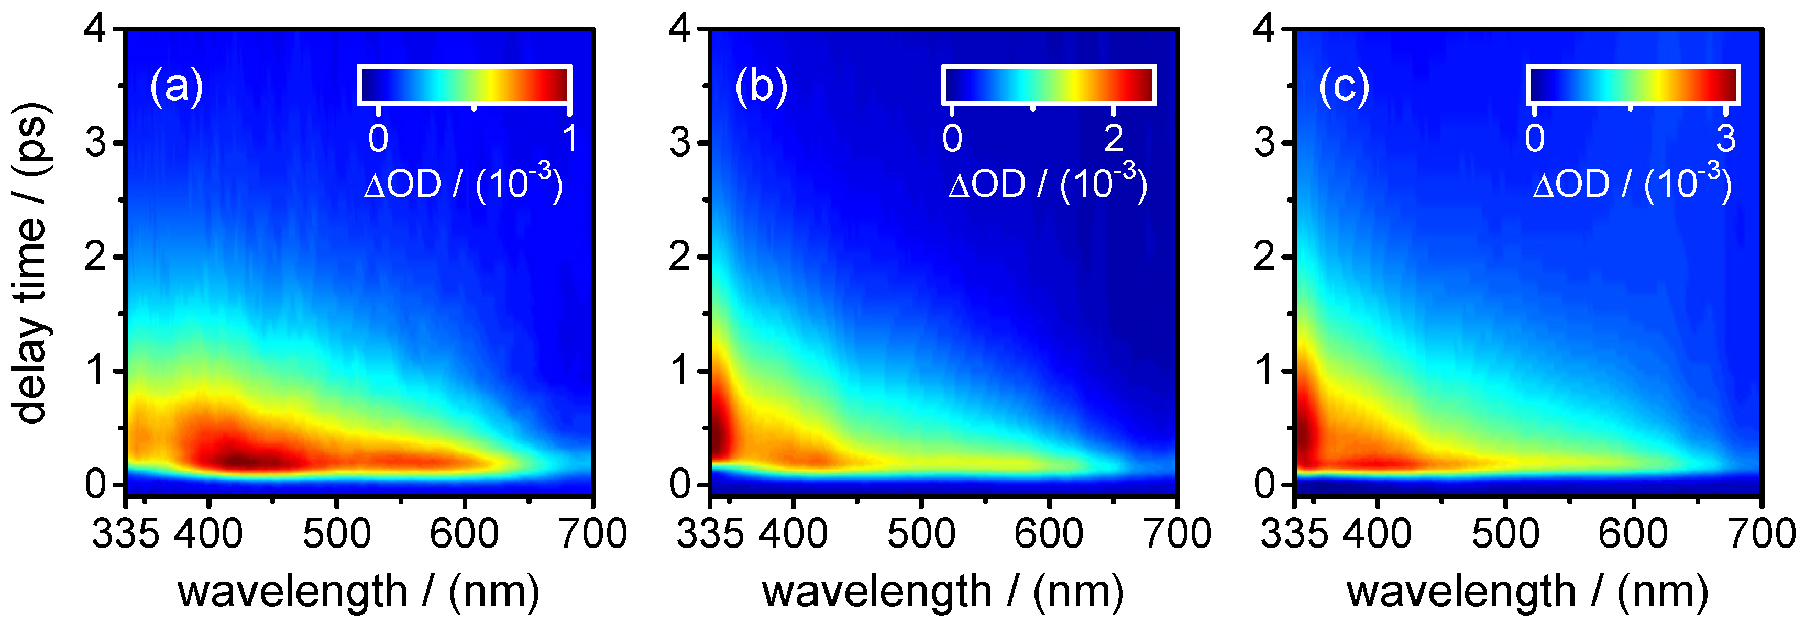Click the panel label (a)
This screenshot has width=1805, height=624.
(176, 87)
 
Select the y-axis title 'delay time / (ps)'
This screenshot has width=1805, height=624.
(31, 263)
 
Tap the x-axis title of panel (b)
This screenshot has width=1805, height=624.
(942, 592)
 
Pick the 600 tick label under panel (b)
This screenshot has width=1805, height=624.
(1049, 534)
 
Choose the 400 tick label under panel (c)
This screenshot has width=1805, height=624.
(1377, 534)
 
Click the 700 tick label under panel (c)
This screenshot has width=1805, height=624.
(1761, 534)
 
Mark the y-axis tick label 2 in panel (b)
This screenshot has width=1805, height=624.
(680, 258)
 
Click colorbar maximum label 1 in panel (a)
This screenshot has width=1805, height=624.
(570, 138)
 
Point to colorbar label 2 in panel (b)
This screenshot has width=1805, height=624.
(1114, 138)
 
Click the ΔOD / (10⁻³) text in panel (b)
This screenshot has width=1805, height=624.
(1048, 184)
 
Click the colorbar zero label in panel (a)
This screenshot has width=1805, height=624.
(378, 138)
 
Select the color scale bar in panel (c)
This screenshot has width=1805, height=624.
(1633, 85)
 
